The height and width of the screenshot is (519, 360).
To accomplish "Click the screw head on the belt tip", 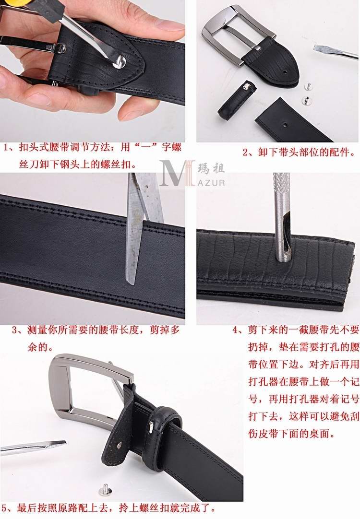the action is click(119, 62).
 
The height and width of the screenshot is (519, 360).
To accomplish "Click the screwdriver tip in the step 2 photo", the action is click(335, 52).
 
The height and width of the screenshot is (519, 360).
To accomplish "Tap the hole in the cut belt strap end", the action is click(285, 125).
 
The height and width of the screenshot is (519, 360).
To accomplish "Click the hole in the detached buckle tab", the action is click(286, 71).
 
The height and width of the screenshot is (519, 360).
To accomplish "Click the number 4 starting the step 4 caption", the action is click(235, 330).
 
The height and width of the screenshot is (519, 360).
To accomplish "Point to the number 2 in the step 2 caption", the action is click(246, 153).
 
